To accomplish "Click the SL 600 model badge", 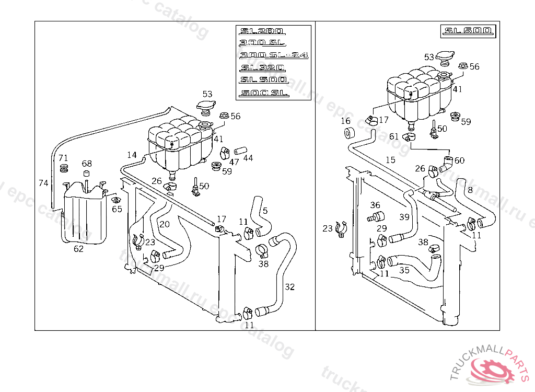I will (x=468, y=31).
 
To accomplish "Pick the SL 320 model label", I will (x=262, y=68).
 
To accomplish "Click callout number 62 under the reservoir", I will (x=78, y=249).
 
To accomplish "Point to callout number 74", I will (x=44, y=182).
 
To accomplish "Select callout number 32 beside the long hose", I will (x=290, y=286).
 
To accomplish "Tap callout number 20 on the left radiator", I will (x=165, y=224).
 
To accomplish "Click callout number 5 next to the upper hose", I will (x=265, y=211).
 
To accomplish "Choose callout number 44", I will (x=248, y=157).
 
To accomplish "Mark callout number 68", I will (x=87, y=164).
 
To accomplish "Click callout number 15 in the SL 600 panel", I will (x=390, y=160).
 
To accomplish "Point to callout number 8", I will (x=470, y=190).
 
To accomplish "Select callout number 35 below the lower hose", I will (x=404, y=270).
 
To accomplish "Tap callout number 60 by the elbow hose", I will (x=459, y=160).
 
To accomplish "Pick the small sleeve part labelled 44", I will (x=239, y=151).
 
